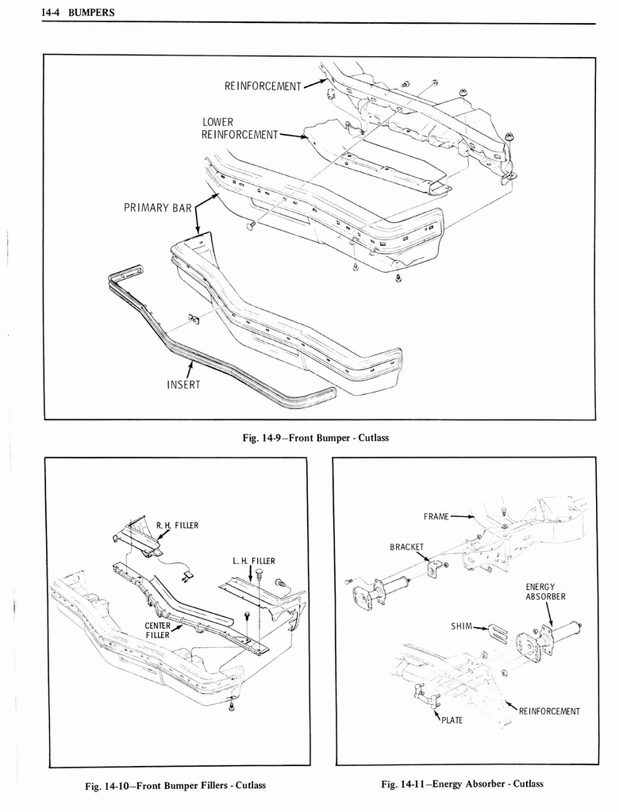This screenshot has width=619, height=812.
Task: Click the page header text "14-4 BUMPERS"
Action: (x=70, y=13)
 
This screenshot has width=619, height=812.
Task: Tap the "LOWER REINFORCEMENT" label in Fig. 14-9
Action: (x=239, y=128)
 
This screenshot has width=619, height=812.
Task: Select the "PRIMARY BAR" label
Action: (x=158, y=209)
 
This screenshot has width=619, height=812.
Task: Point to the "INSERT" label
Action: (x=183, y=385)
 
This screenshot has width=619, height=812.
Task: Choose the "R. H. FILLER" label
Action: (x=177, y=525)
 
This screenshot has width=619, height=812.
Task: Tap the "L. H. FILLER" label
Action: (x=253, y=561)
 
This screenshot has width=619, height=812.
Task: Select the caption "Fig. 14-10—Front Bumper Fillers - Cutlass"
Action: (x=175, y=785)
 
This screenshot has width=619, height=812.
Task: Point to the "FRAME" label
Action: (x=436, y=516)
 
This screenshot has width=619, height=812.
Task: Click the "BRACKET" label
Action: (x=406, y=546)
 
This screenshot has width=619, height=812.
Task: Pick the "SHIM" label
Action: (x=462, y=626)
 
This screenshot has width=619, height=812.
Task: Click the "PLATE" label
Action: (x=452, y=720)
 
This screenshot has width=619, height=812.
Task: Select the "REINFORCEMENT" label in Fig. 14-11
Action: (x=549, y=710)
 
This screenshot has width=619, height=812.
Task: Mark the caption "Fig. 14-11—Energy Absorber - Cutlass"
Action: (x=462, y=784)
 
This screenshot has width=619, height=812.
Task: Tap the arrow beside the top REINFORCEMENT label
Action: (x=316, y=82)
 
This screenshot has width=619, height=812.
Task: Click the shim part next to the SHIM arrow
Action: (x=498, y=633)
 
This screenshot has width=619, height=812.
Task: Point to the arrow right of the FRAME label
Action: (x=463, y=517)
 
